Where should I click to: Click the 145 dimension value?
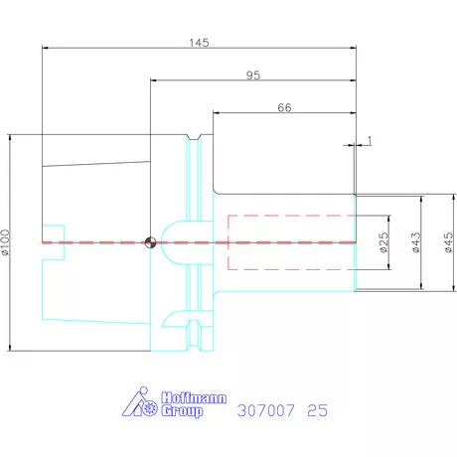pyautogui.click(x=199, y=43)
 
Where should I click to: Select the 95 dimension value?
pyautogui.click(x=253, y=76)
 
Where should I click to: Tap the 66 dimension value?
pyautogui.click(x=284, y=107)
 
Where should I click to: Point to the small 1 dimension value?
pyautogui.click(x=370, y=140)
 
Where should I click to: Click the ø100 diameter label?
pyautogui.click(x=6, y=242)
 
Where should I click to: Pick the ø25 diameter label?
pyautogui.click(x=383, y=242)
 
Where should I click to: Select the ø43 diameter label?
pyautogui.click(x=416, y=242)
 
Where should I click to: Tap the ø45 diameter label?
pyautogui.click(x=448, y=242)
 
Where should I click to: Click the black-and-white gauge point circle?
pyautogui.click(x=150, y=242)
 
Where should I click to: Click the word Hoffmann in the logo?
pyautogui.click(x=194, y=397)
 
